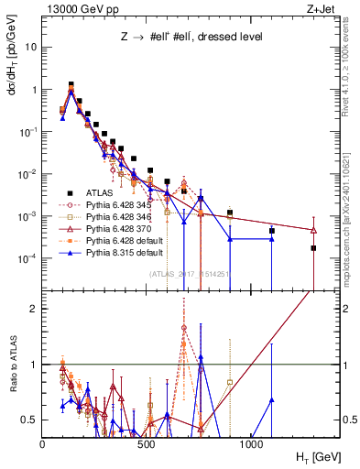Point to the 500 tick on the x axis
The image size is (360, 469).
(x=147, y=443)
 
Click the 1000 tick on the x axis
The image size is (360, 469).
(x=251, y=443)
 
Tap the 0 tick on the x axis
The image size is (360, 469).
(x=43, y=443)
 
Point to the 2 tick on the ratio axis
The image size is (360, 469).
(x=34, y=309)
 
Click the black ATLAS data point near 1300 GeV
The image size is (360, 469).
(x=313, y=248)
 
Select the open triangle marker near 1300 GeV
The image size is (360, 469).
(x=313, y=230)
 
